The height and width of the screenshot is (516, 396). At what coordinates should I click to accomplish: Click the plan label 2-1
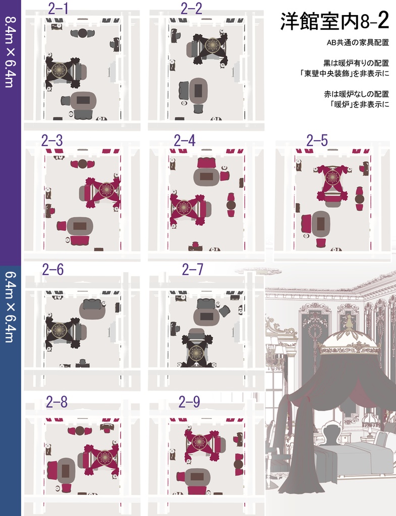pos(58,9)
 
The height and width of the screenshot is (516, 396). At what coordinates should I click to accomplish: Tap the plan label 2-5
pos(317,141)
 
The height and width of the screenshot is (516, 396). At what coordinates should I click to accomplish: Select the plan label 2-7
pos(193,269)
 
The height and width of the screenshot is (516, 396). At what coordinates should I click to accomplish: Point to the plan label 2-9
pos(189,402)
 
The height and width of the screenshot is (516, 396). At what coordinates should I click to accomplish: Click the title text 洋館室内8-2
pos(335,21)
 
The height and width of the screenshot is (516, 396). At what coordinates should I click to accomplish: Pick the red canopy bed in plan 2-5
pos(332,183)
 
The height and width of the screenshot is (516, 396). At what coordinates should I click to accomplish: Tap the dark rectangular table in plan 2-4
pos(206,177)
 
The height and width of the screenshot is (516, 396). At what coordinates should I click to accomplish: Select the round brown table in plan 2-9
pos(238,464)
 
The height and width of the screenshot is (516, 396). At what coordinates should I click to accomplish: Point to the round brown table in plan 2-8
pos(80,431)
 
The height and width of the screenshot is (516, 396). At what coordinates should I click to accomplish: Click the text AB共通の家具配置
pos(358,43)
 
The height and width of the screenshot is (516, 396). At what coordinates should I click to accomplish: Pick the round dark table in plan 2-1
pos(83,33)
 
